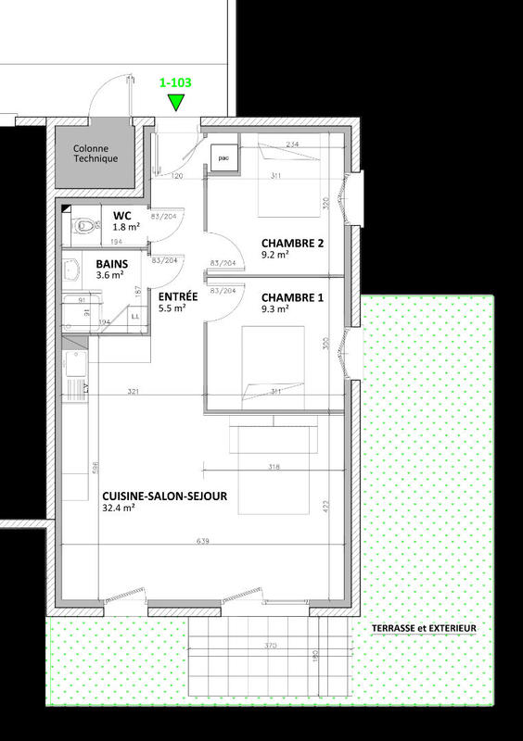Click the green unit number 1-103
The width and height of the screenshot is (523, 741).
(176, 82)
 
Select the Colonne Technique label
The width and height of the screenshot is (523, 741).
(96, 153)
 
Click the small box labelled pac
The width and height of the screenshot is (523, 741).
(223, 158)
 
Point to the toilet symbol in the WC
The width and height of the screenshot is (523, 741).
(83, 223)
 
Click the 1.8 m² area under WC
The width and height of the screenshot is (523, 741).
(126, 227)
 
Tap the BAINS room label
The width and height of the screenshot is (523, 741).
(112, 263)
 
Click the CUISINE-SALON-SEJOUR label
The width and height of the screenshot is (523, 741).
(164, 495)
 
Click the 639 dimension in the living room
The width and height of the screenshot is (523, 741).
(201, 539)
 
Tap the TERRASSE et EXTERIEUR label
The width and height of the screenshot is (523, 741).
(423, 628)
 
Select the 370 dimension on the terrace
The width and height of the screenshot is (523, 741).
(270, 645)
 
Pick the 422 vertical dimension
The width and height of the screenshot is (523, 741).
(326, 506)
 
